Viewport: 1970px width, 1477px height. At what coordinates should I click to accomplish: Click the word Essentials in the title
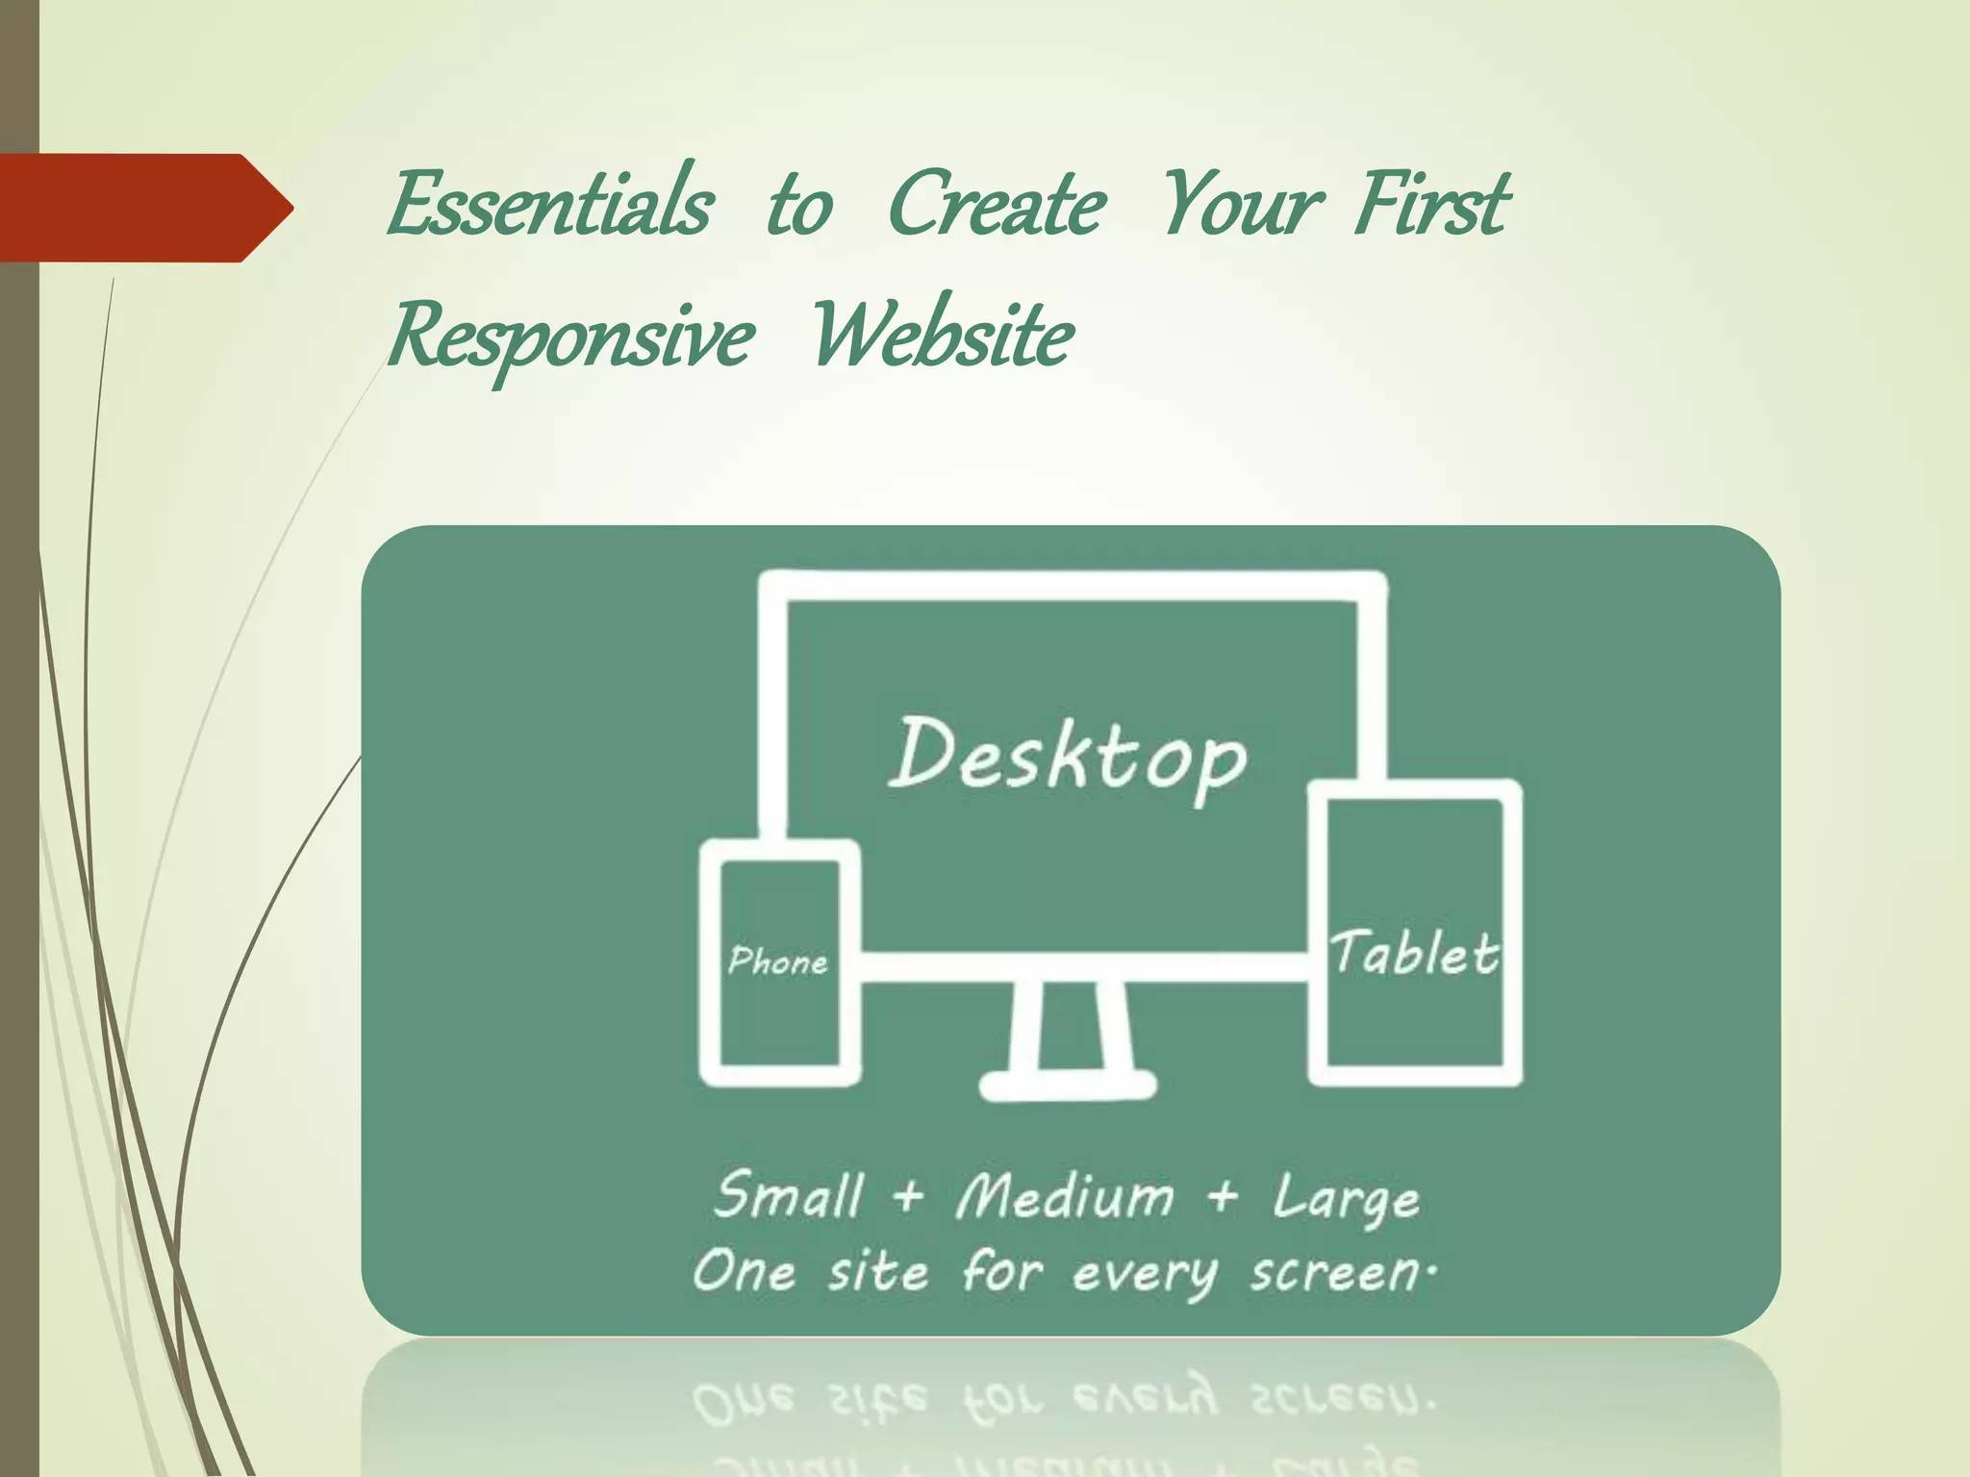pos(550,204)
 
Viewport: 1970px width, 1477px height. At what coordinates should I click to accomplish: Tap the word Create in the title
pos(997,204)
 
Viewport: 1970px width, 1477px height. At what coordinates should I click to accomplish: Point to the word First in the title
pos(1431,204)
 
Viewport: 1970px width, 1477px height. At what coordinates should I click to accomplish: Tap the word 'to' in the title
pos(799,208)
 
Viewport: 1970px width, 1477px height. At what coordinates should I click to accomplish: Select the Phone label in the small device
pos(777,961)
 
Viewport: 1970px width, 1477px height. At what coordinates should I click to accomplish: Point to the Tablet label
pos(1414,954)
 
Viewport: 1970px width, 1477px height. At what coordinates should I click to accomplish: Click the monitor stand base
pos(1068,1086)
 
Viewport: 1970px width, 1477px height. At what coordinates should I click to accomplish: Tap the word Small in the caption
pos(789,1197)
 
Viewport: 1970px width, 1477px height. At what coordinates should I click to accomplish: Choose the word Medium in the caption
pos(1066,1197)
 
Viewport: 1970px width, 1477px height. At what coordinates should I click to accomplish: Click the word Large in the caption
pos(1347,1200)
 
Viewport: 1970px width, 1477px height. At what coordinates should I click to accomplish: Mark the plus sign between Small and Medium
pos(907,1198)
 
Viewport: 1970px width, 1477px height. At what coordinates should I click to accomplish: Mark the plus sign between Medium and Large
pos(1223,1198)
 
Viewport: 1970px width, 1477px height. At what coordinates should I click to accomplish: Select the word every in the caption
pos(1145,1275)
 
